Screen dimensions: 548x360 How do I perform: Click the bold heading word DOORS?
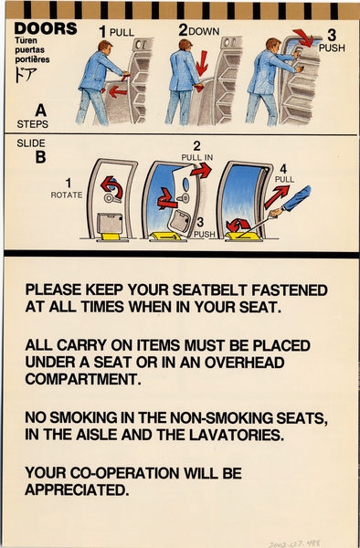(x=46, y=28)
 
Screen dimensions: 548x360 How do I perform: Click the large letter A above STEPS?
(x=40, y=108)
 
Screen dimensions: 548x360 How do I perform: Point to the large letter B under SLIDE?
(x=40, y=157)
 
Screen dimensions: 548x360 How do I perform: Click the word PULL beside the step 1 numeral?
(x=122, y=32)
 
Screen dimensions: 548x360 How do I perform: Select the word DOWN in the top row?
(x=205, y=31)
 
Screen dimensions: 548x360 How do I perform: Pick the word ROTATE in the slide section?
(x=67, y=195)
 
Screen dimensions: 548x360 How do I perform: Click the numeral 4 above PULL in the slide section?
(x=283, y=168)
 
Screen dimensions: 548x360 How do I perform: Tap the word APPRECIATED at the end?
(x=76, y=490)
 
